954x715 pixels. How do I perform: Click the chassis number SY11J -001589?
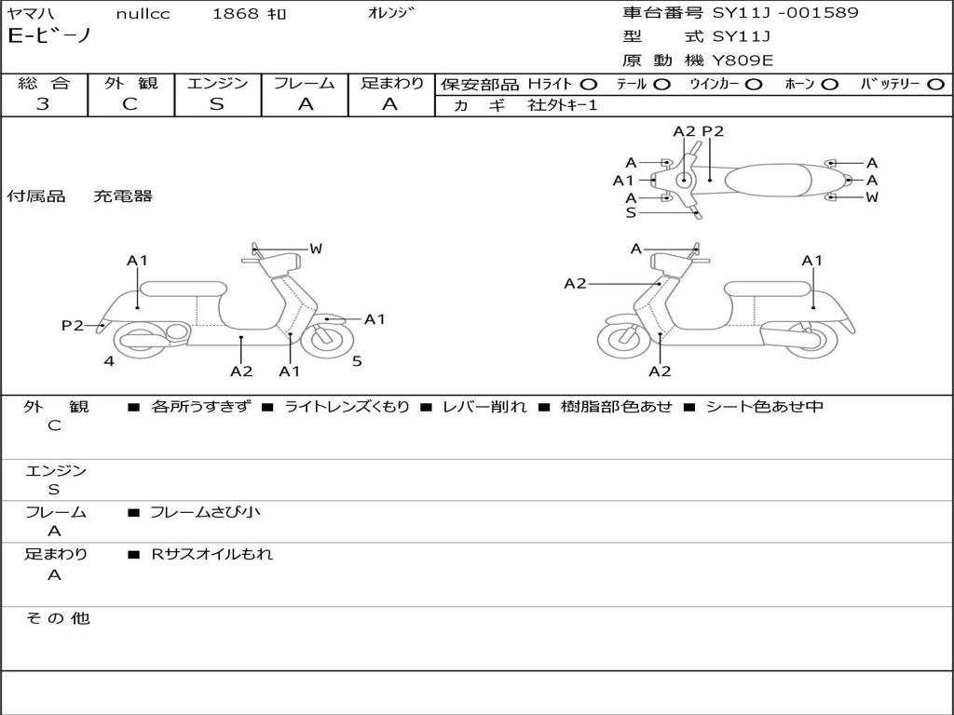[785, 13]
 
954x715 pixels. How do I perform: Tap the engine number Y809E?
[743, 61]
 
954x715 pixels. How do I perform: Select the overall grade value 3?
[43, 104]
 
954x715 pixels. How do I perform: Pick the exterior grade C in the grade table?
[130, 104]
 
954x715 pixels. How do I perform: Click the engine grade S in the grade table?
[216, 104]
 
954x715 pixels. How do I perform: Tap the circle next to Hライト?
[589, 84]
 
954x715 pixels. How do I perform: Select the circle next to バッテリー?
[935, 84]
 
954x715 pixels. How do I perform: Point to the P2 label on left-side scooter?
[72, 325]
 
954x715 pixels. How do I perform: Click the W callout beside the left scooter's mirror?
[316, 249]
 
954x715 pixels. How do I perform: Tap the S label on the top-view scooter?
[631, 212]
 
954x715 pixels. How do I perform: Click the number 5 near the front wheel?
[357, 361]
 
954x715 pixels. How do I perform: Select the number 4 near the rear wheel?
[109, 361]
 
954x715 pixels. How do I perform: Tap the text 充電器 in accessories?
[122, 196]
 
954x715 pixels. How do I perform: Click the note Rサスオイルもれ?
[212, 554]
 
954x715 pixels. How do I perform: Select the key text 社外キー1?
[563, 105]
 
